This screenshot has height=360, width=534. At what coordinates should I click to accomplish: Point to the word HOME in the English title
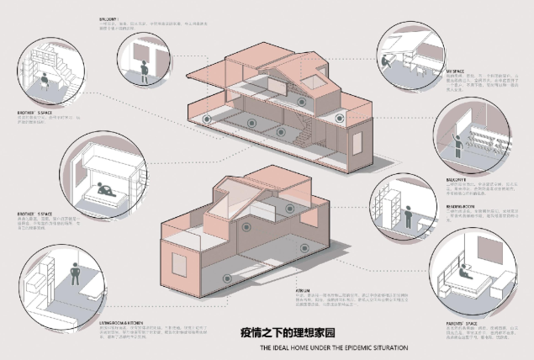click(296, 347)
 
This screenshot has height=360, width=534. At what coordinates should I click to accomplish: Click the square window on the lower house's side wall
click(178, 262)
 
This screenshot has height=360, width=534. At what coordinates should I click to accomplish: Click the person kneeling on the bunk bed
click(107, 189)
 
